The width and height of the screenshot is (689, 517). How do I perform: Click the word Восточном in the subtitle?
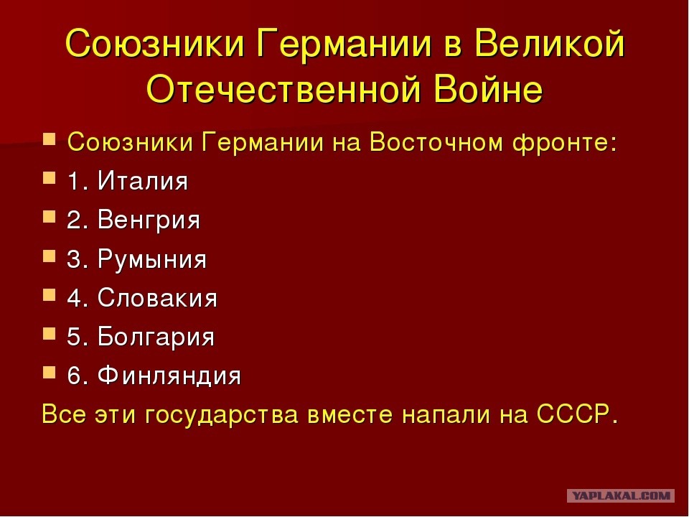[x=436, y=142]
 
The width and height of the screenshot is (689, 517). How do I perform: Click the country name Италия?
[x=143, y=181]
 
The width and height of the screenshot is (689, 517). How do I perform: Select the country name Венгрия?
[x=149, y=220]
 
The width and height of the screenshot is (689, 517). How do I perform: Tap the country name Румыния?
[x=152, y=259]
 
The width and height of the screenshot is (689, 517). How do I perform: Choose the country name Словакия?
[x=157, y=297]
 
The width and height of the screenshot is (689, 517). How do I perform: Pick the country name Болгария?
[x=156, y=337]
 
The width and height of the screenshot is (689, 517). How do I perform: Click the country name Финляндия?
[x=169, y=376]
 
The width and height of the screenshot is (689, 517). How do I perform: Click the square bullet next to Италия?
[x=50, y=177]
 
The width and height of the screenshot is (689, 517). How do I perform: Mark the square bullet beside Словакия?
[x=50, y=294]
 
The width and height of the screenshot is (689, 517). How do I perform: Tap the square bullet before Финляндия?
[x=50, y=373]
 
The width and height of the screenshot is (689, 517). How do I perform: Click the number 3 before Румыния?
[x=73, y=259]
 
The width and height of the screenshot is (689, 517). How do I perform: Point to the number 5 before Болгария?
[x=73, y=337]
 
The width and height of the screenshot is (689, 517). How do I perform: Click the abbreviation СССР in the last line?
[x=573, y=414]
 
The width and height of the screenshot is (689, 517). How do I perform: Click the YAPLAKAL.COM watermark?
[x=620, y=495]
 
